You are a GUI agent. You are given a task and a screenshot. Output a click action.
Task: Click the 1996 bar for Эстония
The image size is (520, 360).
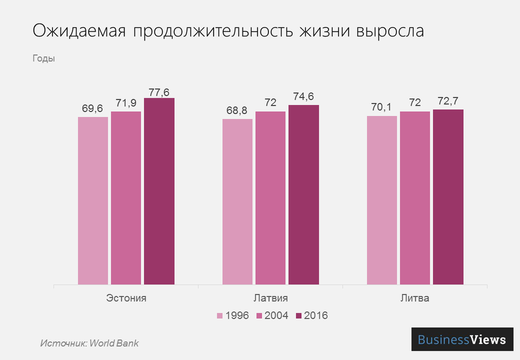93,201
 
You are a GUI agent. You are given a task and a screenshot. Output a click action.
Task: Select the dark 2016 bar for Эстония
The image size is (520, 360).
159,191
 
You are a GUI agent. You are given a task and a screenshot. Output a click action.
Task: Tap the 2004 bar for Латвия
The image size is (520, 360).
270,198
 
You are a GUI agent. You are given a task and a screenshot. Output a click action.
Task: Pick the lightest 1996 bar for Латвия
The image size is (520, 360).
238,202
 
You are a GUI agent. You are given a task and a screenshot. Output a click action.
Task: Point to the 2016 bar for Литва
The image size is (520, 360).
448,197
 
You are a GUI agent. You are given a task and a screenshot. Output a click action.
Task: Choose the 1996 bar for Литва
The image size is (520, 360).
382,200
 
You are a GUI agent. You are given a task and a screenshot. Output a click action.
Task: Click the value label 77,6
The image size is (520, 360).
159,92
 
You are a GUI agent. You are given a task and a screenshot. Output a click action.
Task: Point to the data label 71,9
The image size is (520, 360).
126,104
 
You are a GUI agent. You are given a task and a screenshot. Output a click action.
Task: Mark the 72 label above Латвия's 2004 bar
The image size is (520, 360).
270,102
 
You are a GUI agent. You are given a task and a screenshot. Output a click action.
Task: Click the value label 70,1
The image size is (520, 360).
382,108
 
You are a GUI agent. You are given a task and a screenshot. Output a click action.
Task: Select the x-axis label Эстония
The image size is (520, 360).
126,299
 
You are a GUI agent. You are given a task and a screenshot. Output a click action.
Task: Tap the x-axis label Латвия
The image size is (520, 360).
270,299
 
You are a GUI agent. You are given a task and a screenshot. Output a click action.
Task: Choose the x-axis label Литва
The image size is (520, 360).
414,299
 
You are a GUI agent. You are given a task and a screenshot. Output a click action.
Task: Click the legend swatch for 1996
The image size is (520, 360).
220,315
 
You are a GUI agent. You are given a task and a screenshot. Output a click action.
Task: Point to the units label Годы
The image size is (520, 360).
44,58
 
